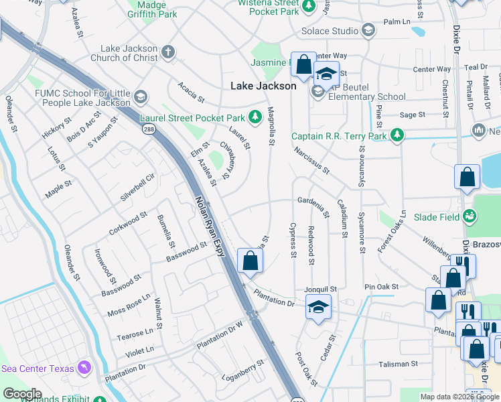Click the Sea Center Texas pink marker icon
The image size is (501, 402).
84,367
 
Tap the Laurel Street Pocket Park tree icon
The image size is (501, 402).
255,118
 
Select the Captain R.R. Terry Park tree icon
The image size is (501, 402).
398,136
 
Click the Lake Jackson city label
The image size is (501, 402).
263,86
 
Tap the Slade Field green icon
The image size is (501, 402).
471,216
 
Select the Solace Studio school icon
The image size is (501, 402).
368,30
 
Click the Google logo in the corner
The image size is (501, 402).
22,394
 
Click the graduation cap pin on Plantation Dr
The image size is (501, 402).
319,307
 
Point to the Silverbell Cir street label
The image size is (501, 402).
137,189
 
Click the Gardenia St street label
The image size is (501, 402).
313,206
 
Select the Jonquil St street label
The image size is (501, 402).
319,289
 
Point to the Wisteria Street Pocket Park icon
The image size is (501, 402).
309,7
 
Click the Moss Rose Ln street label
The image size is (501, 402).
128,306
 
